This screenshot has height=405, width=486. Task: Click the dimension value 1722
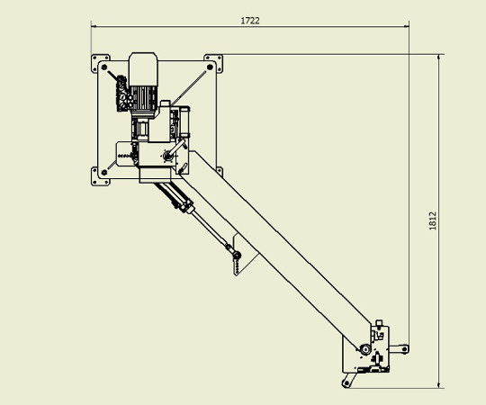pyautogui.click(x=250, y=21)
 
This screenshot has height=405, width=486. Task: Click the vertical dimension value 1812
pyautogui.click(x=433, y=220)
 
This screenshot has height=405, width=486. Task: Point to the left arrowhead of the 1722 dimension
pyautogui.click(x=94, y=27)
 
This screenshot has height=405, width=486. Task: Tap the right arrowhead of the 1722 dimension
pyautogui.click(x=406, y=27)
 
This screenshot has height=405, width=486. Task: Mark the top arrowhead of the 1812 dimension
pyautogui.click(x=439, y=58)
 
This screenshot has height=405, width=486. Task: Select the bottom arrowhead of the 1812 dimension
pyautogui.click(x=439, y=384)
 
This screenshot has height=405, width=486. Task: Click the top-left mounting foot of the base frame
pyautogui.click(x=100, y=63)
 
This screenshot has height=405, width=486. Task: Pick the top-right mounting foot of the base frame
pyautogui.click(x=213, y=63)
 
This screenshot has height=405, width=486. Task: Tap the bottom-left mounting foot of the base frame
pyautogui.click(x=100, y=176)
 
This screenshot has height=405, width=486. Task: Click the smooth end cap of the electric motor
pyautogui.click(x=143, y=68)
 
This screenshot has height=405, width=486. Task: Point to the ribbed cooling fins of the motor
pyautogui.click(x=143, y=98)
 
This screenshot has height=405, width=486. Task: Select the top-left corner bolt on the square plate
pyautogui.click(x=104, y=67)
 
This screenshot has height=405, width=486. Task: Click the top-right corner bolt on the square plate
pyautogui.click(x=210, y=67)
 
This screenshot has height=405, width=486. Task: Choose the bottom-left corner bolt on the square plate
pyautogui.click(x=104, y=172)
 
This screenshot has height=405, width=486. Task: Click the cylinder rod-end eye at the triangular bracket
pyautogui.click(x=237, y=256)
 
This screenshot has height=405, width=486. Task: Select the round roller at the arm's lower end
pyautogui.click(x=365, y=350)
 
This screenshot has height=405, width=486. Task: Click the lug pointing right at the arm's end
pyautogui.click(x=399, y=349)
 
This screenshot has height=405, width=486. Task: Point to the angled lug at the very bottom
pyautogui.click(x=348, y=380)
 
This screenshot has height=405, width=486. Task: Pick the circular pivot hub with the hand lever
pyautogui.click(x=167, y=156)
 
